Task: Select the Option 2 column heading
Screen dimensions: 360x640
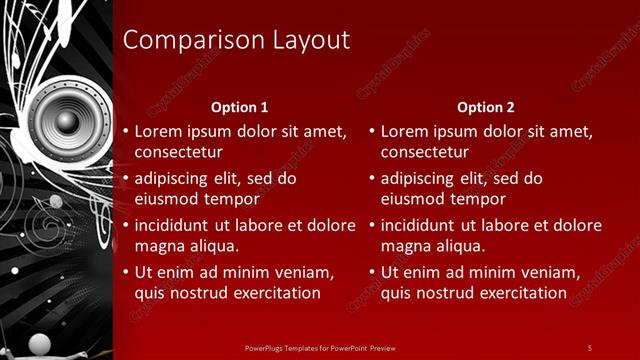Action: (486, 107)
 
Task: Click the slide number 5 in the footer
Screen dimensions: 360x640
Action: (589, 347)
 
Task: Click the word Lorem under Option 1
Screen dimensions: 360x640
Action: (160, 131)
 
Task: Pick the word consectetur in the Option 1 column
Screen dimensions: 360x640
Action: (178, 152)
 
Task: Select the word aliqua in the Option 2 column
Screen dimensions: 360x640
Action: (460, 246)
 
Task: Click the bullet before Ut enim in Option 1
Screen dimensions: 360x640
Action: (125, 272)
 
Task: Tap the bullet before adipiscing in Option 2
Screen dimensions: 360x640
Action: (372, 179)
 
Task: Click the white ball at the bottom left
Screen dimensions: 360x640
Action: (39, 343)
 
